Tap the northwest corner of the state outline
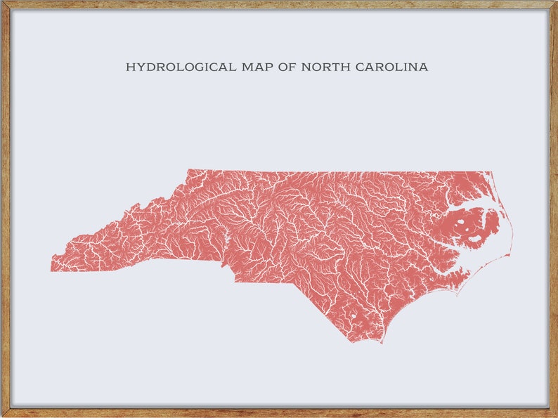(x=188, y=170)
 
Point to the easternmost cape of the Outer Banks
(x=512, y=249)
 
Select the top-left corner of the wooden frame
(x=3, y=3)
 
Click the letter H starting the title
(x=129, y=67)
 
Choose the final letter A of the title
(x=424, y=67)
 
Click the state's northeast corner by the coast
(x=491, y=172)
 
